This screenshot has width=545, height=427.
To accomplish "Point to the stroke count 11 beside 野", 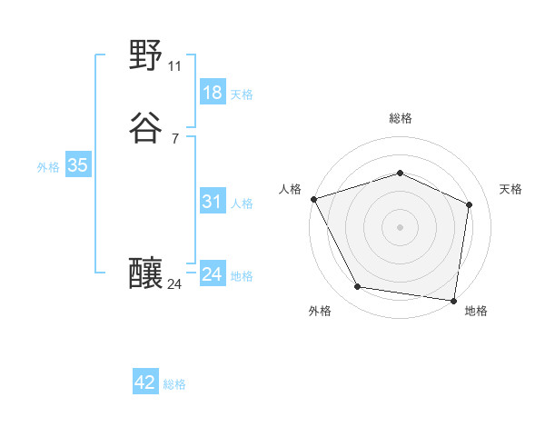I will (x=175, y=66).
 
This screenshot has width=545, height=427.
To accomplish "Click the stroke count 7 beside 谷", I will (x=175, y=138).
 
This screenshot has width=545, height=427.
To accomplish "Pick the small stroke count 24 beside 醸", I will (x=175, y=284).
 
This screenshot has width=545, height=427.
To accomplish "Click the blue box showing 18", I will (x=212, y=93).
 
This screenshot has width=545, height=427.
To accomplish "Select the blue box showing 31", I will (x=212, y=202).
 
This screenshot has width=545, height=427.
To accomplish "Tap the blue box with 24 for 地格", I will (x=212, y=274).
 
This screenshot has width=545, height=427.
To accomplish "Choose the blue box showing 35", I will (x=77, y=165).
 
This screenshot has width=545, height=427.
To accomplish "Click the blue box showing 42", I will (x=145, y=382).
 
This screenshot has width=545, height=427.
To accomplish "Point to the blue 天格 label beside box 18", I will (x=242, y=94).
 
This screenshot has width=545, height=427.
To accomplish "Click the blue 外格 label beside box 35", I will (x=48, y=166).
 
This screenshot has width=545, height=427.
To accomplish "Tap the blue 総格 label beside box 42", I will (x=174, y=384).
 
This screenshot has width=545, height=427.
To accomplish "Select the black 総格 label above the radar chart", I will (x=401, y=118).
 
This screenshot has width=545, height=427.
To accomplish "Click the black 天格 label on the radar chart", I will (x=511, y=189).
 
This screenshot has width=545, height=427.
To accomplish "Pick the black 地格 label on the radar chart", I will (x=476, y=311).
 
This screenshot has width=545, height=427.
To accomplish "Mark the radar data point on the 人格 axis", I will (x=313, y=199).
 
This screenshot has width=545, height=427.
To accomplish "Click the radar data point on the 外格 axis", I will (x=358, y=287).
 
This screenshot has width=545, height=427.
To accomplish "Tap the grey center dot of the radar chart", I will (x=401, y=227).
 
